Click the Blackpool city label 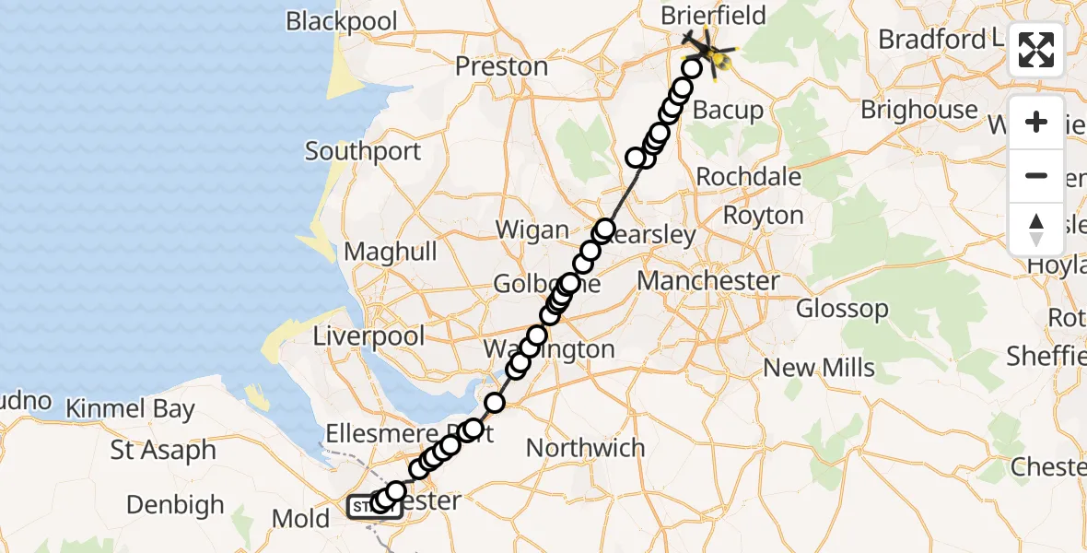342,21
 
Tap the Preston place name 502,66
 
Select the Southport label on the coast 363,151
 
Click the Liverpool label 368,336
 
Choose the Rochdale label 749,176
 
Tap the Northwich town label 585,448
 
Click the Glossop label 842,309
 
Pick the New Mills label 819,368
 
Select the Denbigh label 175,505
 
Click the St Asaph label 163,451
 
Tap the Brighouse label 918,110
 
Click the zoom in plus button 1036,122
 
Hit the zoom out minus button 1036,175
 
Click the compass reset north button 1036,229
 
